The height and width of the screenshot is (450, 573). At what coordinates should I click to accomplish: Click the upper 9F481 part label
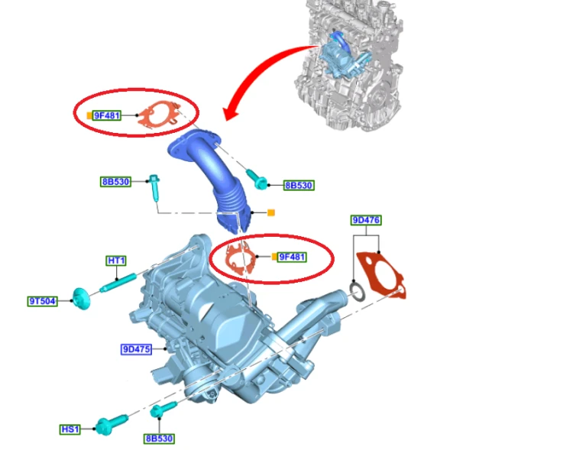click(x=107, y=115)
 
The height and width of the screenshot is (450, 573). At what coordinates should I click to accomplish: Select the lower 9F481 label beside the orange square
click(x=292, y=257)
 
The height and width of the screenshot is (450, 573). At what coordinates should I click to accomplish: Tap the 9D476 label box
click(x=366, y=220)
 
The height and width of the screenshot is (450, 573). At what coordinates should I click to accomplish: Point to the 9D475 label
click(x=136, y=349)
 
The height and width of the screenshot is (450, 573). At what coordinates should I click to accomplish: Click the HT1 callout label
click(x=117, y=261)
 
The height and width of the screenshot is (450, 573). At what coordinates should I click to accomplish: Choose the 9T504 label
click(x=42, y=301)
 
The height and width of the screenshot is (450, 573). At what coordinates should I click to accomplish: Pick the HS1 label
click(x=70, y=429)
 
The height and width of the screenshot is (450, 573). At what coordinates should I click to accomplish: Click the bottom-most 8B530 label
click(x=159, y=439)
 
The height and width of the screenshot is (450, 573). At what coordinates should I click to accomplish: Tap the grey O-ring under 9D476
click(x=357, y=291)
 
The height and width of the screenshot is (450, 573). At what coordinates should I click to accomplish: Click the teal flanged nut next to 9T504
click(x=81, y=299)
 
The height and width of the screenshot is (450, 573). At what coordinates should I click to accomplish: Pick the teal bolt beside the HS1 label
click(x=112, y=425)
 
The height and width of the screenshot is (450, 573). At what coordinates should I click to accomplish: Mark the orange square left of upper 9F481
click(x=89, y=115)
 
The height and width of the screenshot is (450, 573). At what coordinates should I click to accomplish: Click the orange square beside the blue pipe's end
click(x=271, y=212)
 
